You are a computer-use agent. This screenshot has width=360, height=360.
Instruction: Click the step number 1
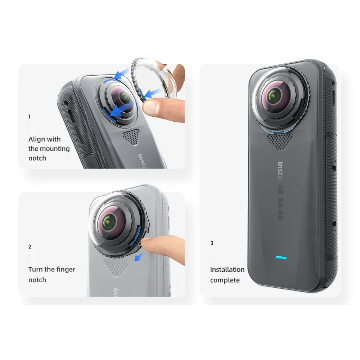[x=29, y=117]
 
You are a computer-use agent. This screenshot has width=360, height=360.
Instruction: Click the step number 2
[x=30, y=247]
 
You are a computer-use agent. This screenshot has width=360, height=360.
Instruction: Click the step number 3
[x=212, y=243]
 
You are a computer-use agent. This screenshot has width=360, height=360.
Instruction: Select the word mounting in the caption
[x=55, y=149]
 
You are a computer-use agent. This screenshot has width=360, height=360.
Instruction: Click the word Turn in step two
[x=36, y=269]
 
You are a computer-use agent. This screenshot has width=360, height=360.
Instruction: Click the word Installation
[x=227, y=269]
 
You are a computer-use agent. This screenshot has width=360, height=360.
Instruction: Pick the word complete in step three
[x=225, y=280]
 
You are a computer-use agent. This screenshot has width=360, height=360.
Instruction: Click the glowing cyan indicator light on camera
[x=281, y=257]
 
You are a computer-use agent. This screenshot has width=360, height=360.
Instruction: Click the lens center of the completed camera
[x=274, y=95]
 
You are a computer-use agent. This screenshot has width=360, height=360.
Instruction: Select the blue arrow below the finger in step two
[x=139, y=257]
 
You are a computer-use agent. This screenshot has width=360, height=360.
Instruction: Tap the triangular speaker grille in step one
[x=131, y=137]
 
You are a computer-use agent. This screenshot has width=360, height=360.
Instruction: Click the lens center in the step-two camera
[x=107, y=221]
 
